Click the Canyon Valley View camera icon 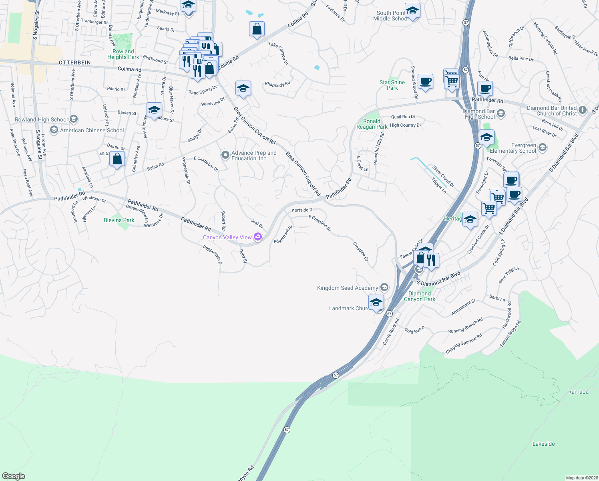[x=258, y=237]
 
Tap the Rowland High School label [x=41, y=119]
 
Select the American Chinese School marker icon [x=54, y=130]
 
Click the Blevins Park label [x=119, y=220]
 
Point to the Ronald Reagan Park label [x=372, y=124]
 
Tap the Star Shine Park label [x=392, y=85]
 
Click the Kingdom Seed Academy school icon [x=384, y=287]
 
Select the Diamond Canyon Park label [x=419, y=296]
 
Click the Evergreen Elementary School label [x=513, y=148]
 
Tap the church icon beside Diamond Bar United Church [x=583, y=109]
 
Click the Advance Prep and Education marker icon [x=225, y=155]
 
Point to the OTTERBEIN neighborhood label [x=75, y=63]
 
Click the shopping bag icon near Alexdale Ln [x=117, y=159]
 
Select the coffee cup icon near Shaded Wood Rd [x=425, y=81]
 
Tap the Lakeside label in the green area [x=543, y=444]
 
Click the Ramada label [x=578, y=392]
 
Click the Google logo [x=14, y=476]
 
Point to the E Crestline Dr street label [x=320, y=223]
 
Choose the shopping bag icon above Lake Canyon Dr [x=257, y=29]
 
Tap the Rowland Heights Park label [x=123, y=54]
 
